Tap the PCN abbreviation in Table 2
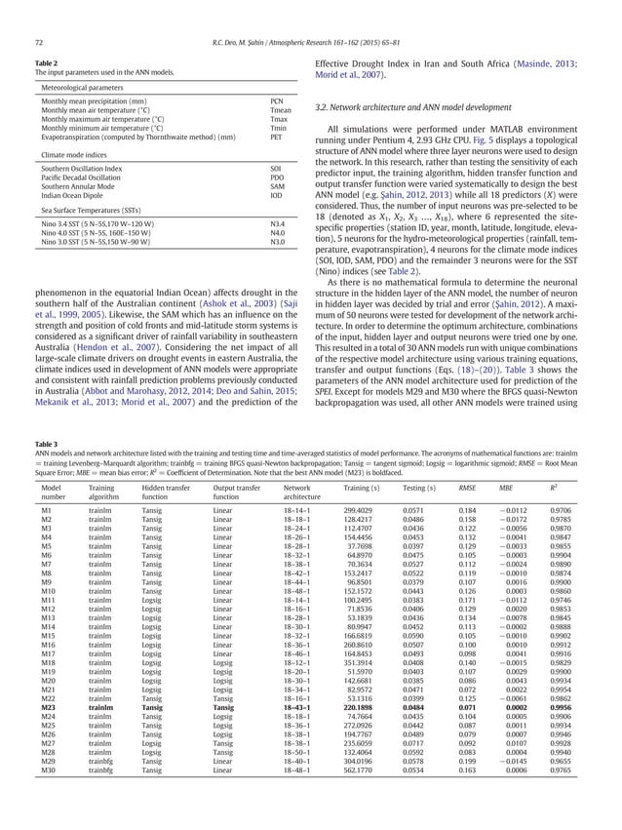277,101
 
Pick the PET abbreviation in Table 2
277,138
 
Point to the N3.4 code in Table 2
278,223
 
